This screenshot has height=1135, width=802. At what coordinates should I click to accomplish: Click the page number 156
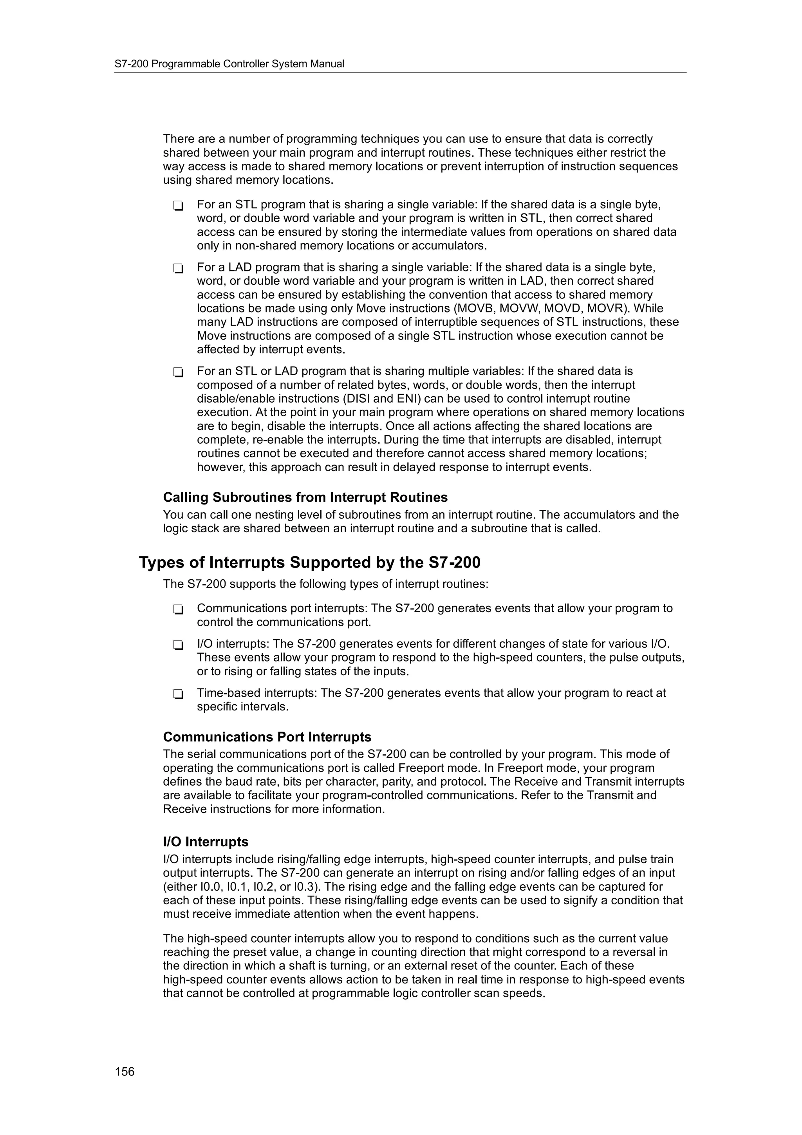(x=125, y=1071)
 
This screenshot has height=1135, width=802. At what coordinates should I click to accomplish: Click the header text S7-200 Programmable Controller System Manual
(x=229, y=64)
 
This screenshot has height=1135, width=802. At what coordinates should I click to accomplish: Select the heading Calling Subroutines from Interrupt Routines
(x=305, y=497)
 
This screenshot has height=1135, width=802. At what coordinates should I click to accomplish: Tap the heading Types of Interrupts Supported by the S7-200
(x=309, y=562)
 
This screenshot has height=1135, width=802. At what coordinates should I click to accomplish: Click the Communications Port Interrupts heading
(x=267, y=737)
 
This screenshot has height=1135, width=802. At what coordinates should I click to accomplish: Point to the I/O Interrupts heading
(x=206, y=842)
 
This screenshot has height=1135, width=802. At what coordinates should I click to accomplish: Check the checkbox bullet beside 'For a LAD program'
(x=178, y=268)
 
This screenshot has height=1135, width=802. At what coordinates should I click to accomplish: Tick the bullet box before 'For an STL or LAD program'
(x=178, y=372)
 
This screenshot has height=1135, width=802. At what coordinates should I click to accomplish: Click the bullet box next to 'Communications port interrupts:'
(x=178, y=609)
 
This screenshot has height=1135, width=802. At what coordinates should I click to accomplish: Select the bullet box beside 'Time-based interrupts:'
(x=178, y=694)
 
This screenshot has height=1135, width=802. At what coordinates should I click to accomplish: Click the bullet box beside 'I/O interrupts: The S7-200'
(x=178, y=645)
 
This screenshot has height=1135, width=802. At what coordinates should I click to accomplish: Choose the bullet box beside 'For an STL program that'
(x=178, y=206)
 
